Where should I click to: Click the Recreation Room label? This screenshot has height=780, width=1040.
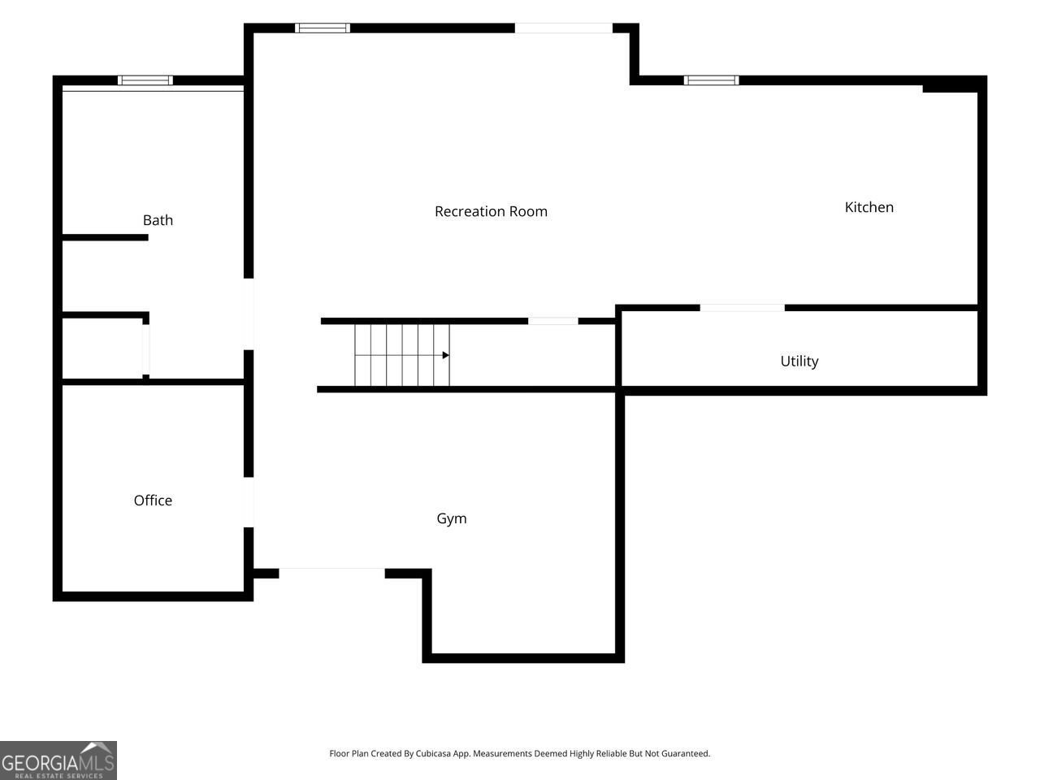[491, 211]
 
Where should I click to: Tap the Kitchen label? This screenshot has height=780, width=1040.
[869, 207]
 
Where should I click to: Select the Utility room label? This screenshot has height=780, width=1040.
[799, 362]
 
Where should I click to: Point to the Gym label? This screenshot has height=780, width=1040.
[452, 518]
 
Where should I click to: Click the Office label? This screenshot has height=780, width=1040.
[153, 500]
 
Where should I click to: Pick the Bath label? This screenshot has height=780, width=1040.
[158, 219]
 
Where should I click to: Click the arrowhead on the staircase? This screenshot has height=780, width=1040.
[446, 355]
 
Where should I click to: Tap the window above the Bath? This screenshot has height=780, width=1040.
[145, 80]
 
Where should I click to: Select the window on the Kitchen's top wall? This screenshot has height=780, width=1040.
[711, 80]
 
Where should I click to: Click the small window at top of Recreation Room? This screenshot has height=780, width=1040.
[323, 28]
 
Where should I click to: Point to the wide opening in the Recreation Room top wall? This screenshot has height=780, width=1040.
[564, 28]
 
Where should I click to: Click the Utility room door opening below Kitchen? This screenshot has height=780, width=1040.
[743, 308]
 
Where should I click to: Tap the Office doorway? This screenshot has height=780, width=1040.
[249, 502]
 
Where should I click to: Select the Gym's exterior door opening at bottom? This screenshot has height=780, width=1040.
[331, 573]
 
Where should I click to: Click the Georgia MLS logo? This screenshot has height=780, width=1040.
[58, 760]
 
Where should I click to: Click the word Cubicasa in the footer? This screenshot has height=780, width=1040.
[432, 753]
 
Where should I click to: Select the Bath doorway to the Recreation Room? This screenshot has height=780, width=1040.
[249, 314]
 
